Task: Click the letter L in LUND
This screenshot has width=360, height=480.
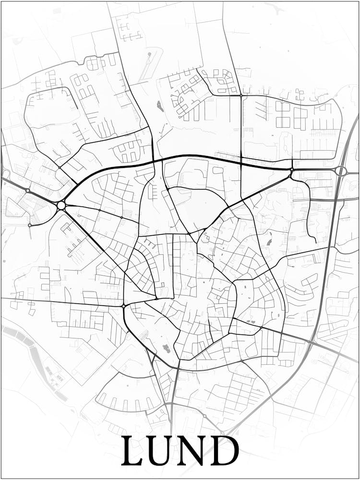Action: click(x=132, y=451)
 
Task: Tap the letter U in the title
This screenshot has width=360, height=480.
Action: click(x=162, y=451)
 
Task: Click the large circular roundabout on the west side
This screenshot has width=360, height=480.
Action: click(x=61, y=205)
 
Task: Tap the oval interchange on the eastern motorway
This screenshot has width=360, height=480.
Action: click(x=341, y=171)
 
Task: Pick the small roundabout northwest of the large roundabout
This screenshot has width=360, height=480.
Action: click(x=27, y=191)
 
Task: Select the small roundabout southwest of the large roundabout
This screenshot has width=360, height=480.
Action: click(x=30, y=225)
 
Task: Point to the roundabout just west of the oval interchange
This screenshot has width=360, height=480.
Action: click(x=291, y=169)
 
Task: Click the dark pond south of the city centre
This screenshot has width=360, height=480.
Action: click(x=167, y=348)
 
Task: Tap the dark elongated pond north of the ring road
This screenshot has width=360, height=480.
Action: click(x=160, y=106)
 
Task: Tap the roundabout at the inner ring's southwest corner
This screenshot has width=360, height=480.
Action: click(x=123, y=306)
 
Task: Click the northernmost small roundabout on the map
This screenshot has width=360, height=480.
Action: click(x=241, y=96)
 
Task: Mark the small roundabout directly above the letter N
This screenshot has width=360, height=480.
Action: click(x=204, y=416)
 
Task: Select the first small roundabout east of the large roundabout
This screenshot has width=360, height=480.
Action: click(x=99, y=210)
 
